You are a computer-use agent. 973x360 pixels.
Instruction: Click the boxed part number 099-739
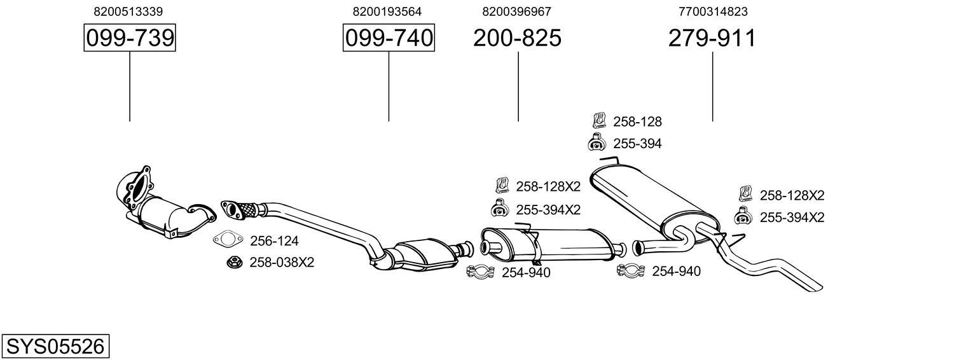pos(130,39)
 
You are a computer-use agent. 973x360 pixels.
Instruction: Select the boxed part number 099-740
pos(389,39)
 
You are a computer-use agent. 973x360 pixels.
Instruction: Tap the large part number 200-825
pos(517,39)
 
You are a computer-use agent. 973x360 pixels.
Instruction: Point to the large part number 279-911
pos(712,39)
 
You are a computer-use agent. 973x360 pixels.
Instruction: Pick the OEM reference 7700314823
pos(713,11)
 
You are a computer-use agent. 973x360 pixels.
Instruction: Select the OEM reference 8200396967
pos(516,11)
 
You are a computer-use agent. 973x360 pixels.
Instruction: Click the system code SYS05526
pos(55,347)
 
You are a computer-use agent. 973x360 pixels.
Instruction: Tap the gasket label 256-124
pos(274,240)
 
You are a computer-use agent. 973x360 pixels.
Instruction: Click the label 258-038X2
pos(282,262)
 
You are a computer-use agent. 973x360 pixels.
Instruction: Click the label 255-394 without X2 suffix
pos(637,144)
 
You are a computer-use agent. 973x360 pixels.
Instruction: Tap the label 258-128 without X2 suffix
pos(637,121)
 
